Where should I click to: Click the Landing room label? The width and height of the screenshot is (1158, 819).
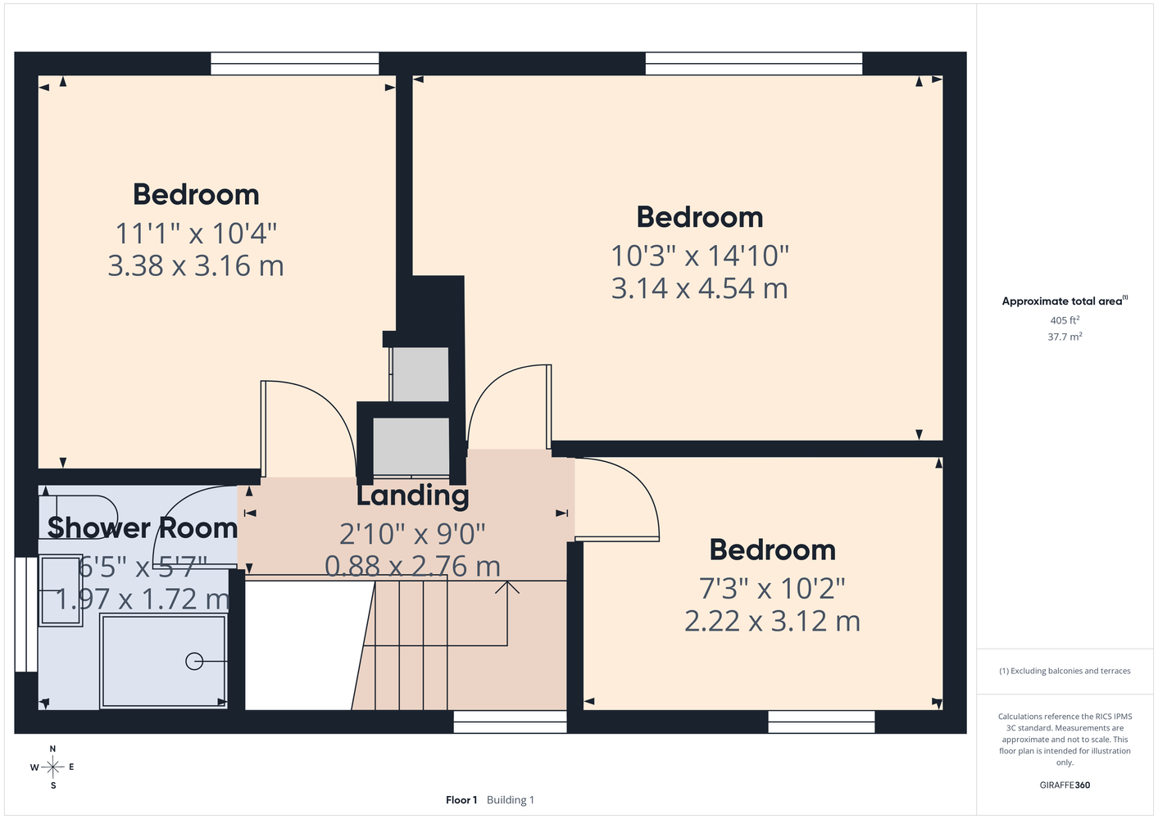tap(412, 495)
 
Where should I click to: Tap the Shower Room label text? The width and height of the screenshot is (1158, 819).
tap(142, 528)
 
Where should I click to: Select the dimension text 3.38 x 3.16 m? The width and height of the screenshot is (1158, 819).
tap(196, 265)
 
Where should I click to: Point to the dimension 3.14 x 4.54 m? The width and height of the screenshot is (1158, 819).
tap(699, 287)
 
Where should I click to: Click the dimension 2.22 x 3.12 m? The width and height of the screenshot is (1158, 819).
tap(772, 621)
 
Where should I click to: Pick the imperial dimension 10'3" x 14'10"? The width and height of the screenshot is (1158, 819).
tap(700, 256)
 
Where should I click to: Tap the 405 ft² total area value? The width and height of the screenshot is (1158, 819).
tap(1065, 320)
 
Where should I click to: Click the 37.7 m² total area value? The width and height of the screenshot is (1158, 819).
tap(1065, 337)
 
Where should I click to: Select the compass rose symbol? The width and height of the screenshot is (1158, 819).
tap(52, 767)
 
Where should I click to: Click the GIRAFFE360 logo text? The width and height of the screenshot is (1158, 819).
tap(1065, 785)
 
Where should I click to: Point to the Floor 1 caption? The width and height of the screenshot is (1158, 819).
tap(461, 800)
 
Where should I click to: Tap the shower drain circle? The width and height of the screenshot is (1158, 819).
tap(194, 662)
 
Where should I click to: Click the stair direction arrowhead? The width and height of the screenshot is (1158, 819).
tap(507, 586)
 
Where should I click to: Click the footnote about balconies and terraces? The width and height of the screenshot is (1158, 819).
tap(1065, 672)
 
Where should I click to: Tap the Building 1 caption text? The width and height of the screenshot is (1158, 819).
tap(511, 800)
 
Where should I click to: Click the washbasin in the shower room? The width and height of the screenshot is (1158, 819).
tap(61, 590)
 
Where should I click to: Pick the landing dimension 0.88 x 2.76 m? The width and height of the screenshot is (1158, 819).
tap(412, 566)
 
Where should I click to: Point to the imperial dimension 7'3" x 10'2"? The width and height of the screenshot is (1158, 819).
tap(772, 588)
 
